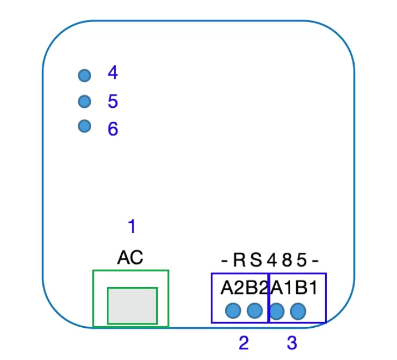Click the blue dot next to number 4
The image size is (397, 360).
(85, 76)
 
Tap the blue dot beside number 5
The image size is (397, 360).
(85, 101)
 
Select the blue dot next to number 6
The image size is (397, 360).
(85, 126)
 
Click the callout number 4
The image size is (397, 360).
(113, 72)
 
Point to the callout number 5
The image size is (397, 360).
(113, 101)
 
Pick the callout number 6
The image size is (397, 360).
(113, 129)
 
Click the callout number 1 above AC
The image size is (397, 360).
(132, 226)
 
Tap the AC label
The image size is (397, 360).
(130, 258)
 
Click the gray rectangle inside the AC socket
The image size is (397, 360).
(133, 306)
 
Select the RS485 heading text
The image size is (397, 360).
(270, 260)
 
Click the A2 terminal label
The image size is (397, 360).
(232, 288)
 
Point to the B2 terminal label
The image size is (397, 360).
(256, 288)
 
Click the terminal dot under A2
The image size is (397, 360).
(233, 311)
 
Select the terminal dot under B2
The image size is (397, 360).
(255, 311)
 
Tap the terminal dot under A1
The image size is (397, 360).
(277, 311)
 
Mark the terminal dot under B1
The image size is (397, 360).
(298, 311)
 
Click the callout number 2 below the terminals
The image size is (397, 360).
(244, 343)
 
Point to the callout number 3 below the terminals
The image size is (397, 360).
(292, 343)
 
